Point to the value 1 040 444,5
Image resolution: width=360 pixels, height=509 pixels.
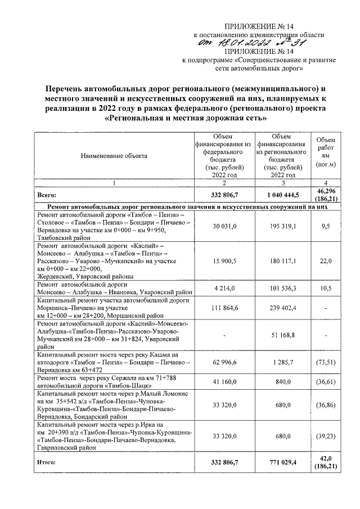point(281,195)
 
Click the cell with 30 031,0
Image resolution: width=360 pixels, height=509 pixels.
point(223,226)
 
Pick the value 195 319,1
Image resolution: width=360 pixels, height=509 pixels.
point(281,226)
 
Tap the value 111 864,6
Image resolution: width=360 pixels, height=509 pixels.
point(223,309)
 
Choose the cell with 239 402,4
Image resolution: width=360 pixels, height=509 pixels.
point(281,309)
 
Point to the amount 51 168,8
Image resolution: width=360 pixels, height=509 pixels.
point(281,336)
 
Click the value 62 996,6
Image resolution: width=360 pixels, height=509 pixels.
point(223,363)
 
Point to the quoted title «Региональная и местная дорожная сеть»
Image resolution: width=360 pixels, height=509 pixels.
point(186,119)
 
